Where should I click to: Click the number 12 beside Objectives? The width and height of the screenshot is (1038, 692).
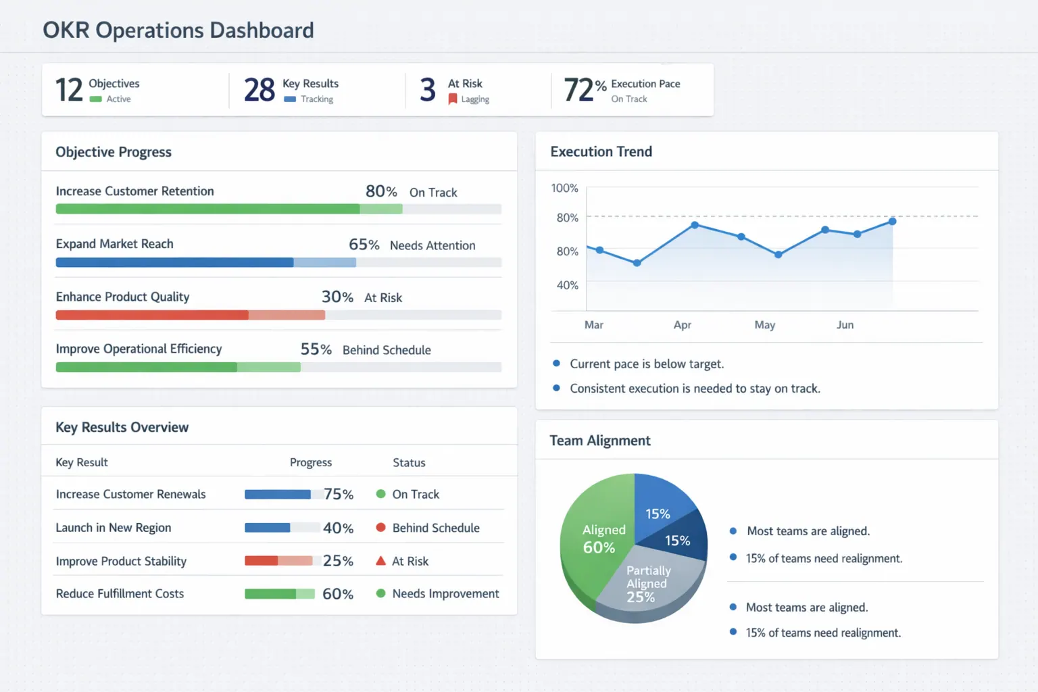69,90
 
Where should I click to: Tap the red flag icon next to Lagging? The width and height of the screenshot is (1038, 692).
453,99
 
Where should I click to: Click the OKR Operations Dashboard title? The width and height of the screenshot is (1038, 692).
178,30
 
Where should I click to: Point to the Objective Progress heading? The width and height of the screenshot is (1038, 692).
114,152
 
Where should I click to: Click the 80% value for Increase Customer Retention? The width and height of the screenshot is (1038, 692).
381,192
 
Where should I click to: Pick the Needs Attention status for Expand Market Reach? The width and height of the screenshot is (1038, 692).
432,245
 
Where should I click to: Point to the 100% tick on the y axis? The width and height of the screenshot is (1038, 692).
564,188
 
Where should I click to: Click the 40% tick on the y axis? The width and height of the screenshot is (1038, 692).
567,285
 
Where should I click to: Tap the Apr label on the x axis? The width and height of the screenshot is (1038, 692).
682,325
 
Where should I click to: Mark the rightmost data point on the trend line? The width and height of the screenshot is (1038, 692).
892,222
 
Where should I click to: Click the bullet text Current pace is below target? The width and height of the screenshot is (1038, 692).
646,364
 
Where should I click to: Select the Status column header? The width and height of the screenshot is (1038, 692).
409,463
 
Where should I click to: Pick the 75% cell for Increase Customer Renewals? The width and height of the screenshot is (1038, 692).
338,495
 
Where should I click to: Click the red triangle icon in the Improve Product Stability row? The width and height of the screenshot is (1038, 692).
380,561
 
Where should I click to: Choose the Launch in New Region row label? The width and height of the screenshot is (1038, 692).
114,528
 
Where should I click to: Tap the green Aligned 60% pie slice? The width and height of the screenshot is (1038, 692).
595,541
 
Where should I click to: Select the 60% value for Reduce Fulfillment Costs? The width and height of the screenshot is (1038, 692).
338,594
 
